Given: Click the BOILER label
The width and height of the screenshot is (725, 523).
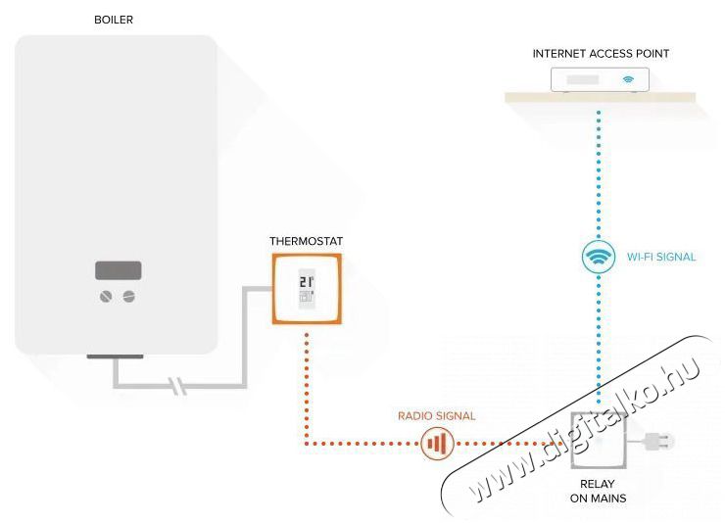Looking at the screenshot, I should [114, 20].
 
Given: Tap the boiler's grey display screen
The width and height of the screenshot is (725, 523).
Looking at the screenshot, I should [118, 270].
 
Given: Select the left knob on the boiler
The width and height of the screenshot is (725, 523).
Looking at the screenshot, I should [107, 295].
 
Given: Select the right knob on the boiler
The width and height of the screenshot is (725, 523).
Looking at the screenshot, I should [128, 295].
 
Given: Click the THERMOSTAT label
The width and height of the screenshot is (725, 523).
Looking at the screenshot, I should [306, 241].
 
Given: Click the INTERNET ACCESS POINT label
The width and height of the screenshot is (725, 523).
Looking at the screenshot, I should [601, 54].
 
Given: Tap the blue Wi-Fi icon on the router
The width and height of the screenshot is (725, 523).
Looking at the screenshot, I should [629, 78].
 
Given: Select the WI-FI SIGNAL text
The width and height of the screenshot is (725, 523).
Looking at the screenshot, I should [661, 258].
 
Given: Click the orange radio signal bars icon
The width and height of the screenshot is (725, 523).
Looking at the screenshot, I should [437, 445].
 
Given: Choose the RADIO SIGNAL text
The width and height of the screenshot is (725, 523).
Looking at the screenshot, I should [436, 416].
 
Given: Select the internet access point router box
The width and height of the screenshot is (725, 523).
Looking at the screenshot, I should [599, 78].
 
